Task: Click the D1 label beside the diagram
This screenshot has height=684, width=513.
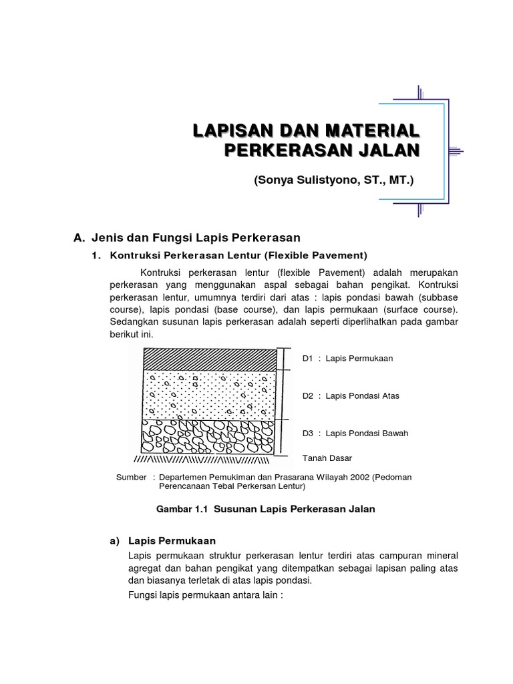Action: pos(307,359)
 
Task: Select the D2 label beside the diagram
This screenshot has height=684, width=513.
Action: pos(307,396)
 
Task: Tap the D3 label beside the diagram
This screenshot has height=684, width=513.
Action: pos(307,434)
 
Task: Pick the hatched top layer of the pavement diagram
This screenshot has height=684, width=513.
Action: pos(210,359)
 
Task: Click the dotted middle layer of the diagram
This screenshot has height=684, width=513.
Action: pos(210,395)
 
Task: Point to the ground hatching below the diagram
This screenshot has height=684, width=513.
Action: pos(200,460)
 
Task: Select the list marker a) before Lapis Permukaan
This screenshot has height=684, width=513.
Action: pos(114,541)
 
